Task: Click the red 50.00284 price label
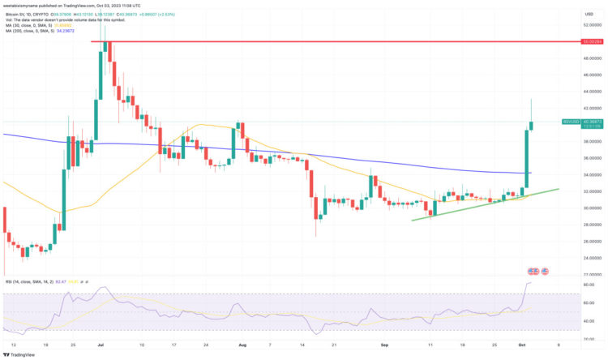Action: pos(593,41)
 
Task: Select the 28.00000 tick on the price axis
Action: pos(593,224)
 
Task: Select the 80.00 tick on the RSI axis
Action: pos(589,285)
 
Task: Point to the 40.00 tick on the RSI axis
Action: pos(589,320)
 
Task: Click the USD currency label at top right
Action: pos(589,14)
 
